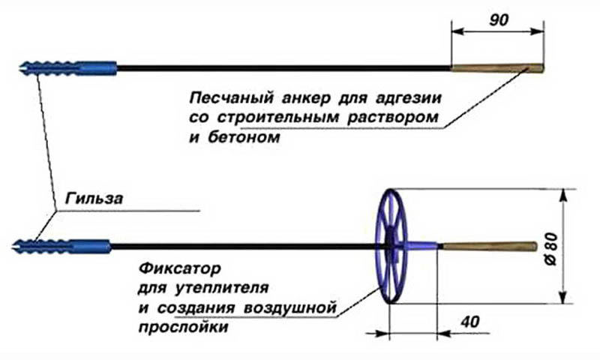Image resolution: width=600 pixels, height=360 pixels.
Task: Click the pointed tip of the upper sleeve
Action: tap(19, 68)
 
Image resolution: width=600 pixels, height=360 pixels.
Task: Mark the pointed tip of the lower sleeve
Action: tap(16, 245)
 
